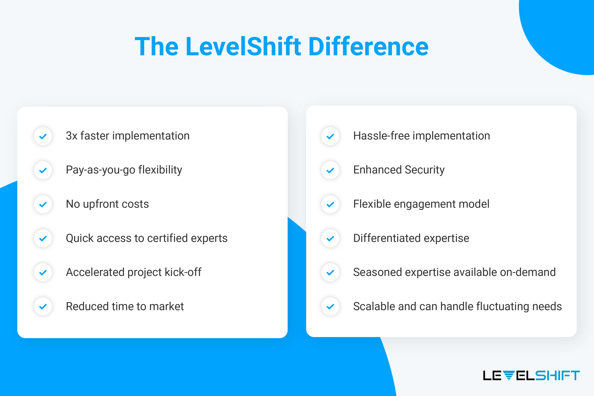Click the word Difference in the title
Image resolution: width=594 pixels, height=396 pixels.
coord(368,47)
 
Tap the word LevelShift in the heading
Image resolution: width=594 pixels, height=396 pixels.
coord(243,47)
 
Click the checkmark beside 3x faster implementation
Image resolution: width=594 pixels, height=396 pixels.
coord(43,136)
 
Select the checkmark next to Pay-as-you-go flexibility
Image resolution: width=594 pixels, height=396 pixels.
coord(43,170)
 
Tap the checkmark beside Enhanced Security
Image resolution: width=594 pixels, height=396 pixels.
coord(330,170)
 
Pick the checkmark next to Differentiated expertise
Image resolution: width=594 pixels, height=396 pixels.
coord(330,238)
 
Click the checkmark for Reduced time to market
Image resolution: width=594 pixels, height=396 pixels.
coord(43,307)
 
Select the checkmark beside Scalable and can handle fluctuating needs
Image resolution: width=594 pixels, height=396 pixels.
coord(330,307)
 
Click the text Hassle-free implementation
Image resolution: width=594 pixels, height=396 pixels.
coord(421,136)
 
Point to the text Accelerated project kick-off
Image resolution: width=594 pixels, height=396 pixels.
coord(133,272)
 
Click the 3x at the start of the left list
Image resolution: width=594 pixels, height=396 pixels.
coord(71,136)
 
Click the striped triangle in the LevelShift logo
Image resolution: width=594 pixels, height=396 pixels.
coord(509,375)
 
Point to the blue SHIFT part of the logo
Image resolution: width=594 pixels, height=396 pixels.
coord(557,375)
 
